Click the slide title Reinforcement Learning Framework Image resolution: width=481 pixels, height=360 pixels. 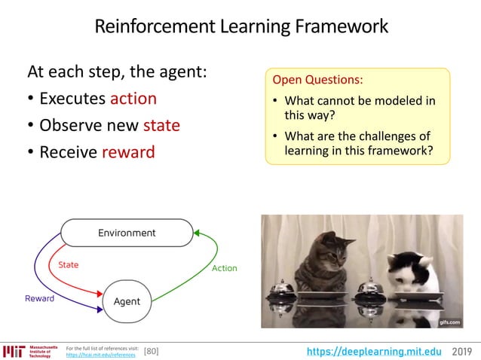tap(240, 27)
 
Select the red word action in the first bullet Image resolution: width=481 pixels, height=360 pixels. tap(133, 99)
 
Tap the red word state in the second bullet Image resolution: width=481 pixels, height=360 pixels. tap(161, 125)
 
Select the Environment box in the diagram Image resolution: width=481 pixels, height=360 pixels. tap(127, 233)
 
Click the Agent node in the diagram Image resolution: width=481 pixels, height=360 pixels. tap(127, 301)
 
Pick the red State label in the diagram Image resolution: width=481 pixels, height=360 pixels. tap(68, 265)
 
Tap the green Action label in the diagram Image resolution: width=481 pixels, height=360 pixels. tap(224, 268)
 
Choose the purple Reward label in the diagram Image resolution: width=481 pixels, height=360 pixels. tap(39, 299)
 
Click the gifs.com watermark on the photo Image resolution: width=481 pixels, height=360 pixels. tap(449, 322)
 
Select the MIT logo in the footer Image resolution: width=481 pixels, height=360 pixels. tap(13, 351)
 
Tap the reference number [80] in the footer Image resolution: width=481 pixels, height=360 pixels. tap(151, 351)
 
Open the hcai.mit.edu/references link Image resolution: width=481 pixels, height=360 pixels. tap(101, 355)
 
